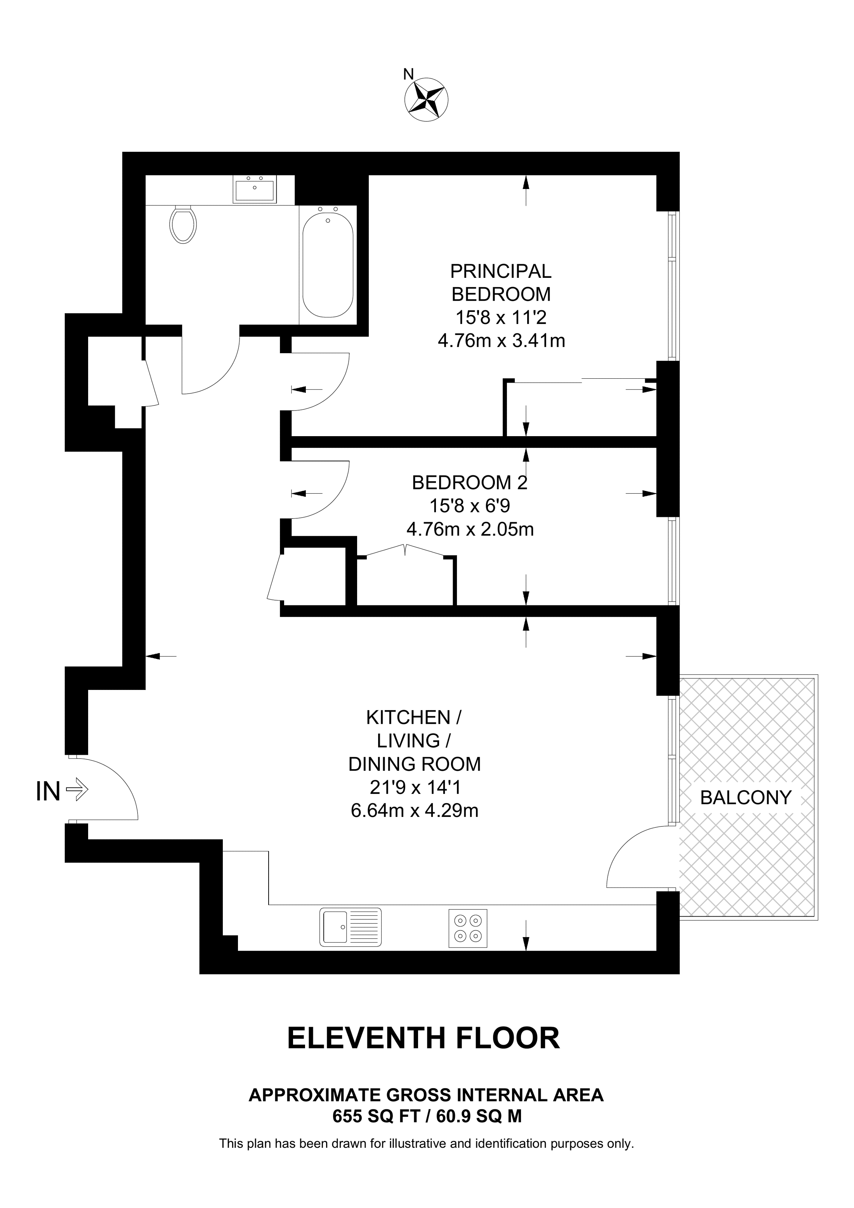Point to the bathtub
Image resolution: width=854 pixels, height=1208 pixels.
328,262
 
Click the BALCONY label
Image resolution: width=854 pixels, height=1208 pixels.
746,798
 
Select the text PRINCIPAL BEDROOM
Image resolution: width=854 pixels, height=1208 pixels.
501,283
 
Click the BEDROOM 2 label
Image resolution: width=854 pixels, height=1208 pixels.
469,482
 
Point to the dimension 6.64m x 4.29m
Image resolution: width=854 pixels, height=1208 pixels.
415,811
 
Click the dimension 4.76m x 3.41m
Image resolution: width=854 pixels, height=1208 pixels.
502,341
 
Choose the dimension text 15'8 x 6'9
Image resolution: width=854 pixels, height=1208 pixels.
470,506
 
